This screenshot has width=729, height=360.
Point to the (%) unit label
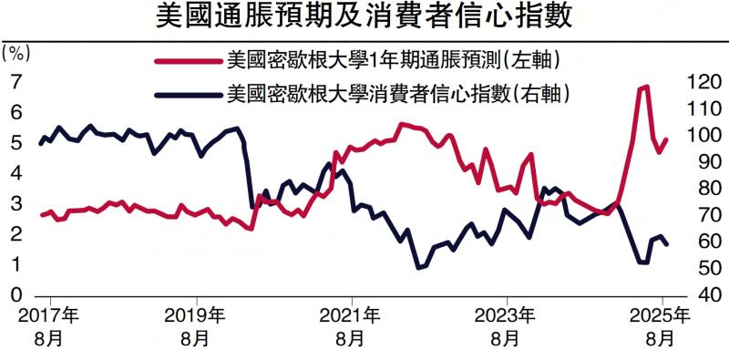18,52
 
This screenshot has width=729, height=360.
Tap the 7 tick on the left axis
15,81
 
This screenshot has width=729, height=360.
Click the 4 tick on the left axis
15,173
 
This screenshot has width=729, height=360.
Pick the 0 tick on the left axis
15,295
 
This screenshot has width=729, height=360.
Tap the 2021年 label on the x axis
352,316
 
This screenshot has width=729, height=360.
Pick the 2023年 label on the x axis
506,316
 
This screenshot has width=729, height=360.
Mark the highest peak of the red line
645,87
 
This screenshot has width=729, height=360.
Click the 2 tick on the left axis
15,234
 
